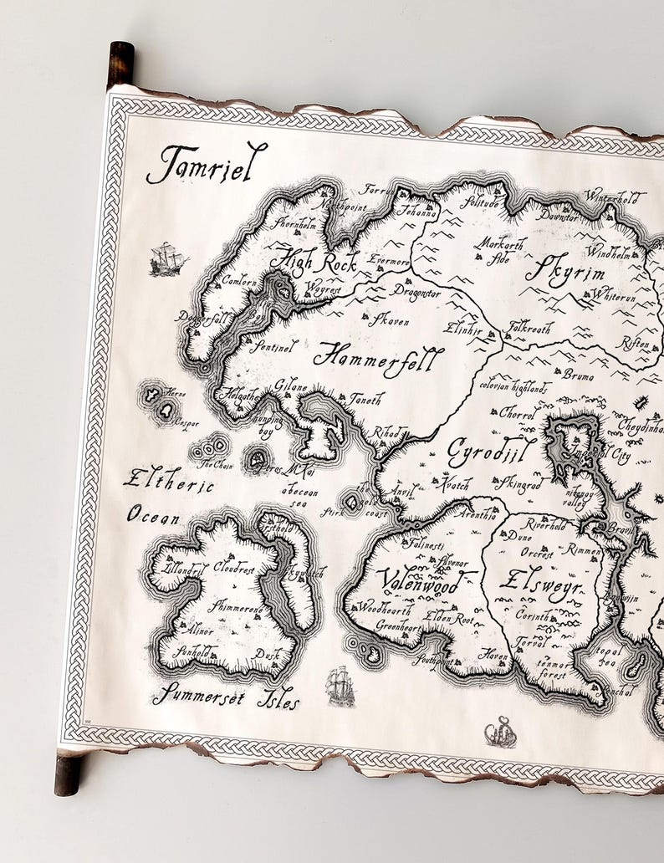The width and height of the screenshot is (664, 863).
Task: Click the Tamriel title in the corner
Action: click(x=207, y=162)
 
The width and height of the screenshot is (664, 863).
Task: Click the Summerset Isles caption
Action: click(x=226, y=696)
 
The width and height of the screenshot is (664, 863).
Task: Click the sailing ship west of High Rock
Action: click(x=168, y=258)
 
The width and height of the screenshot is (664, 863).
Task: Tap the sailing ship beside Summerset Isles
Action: click(x=340, y=686)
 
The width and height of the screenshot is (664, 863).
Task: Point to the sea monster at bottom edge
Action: click(x=501, y=732)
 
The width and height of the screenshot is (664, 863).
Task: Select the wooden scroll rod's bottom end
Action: click(x=68, y=774)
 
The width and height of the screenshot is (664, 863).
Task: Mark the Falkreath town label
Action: click(x=530, y=329)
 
